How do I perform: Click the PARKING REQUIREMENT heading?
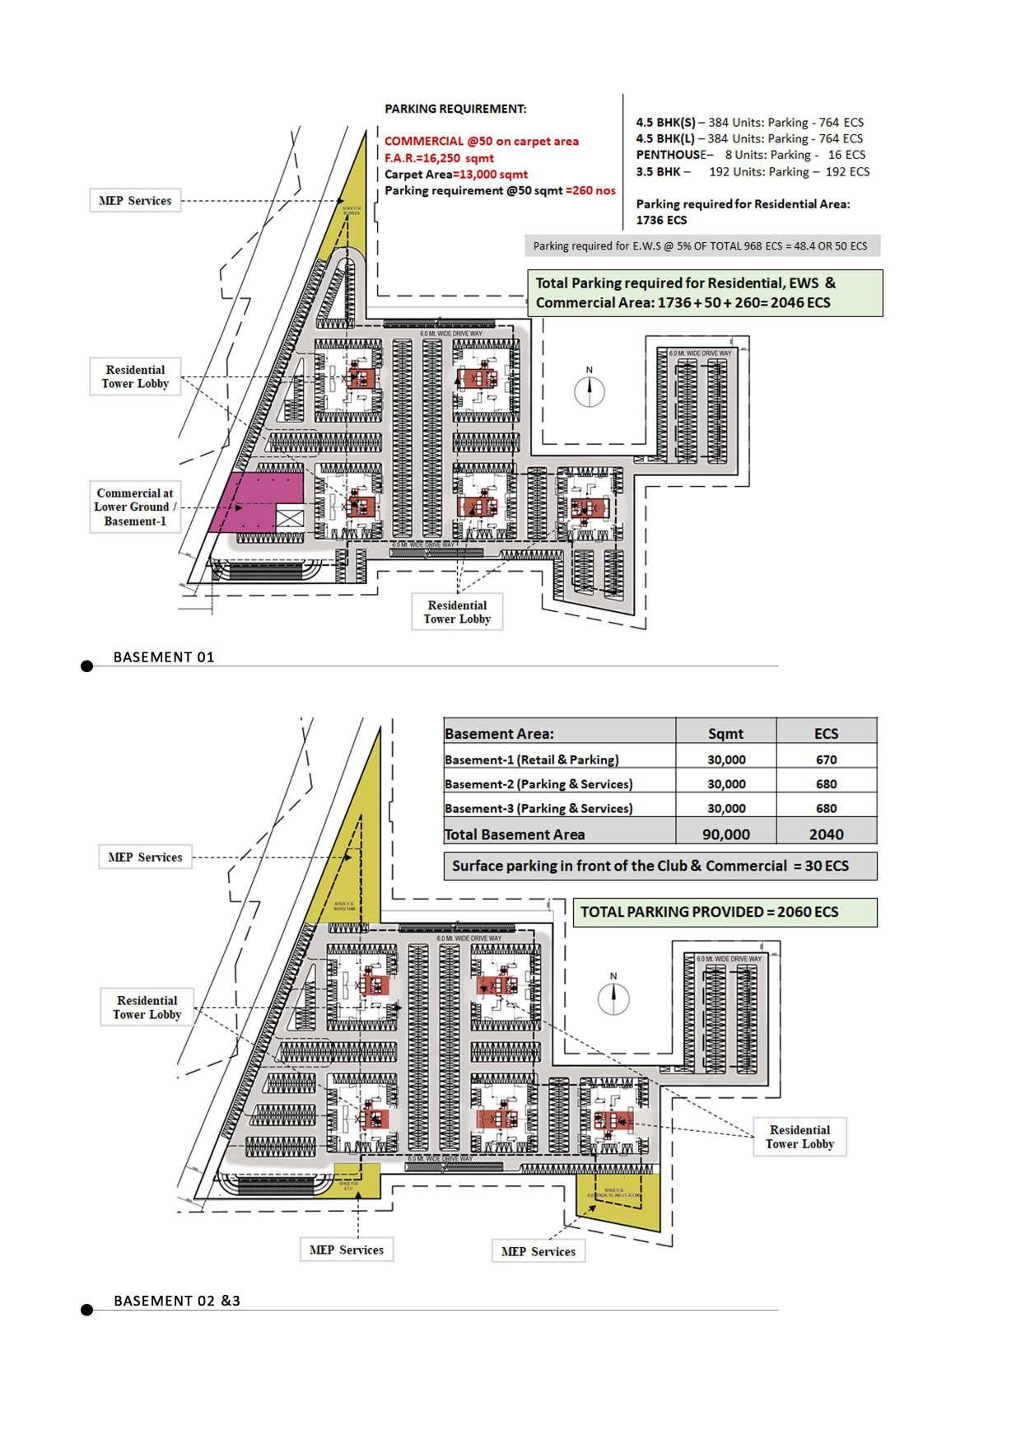tap(455, 109)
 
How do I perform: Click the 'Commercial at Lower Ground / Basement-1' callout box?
tap(135, 507)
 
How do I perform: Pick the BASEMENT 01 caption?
tap(164, 657)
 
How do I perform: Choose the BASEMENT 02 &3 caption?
tap(177, 1301)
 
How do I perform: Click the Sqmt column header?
tap(725, 734)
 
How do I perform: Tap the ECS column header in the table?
tap(826, 734)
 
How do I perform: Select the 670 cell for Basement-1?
tap(826, 759)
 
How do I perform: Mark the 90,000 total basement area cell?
tap(725, 834)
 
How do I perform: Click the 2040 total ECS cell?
tap(826, 834)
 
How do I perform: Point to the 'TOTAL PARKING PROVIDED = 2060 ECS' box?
tap(725, 912)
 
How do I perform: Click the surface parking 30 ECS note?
tap(660, 866)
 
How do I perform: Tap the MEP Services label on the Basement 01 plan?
tap(135, 201)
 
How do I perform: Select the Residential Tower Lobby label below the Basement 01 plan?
tap(457, 612)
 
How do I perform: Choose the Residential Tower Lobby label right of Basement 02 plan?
tap(800, 1137)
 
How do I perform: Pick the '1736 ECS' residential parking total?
tap(661, 220)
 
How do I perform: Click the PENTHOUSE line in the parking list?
tap(750, 155)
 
